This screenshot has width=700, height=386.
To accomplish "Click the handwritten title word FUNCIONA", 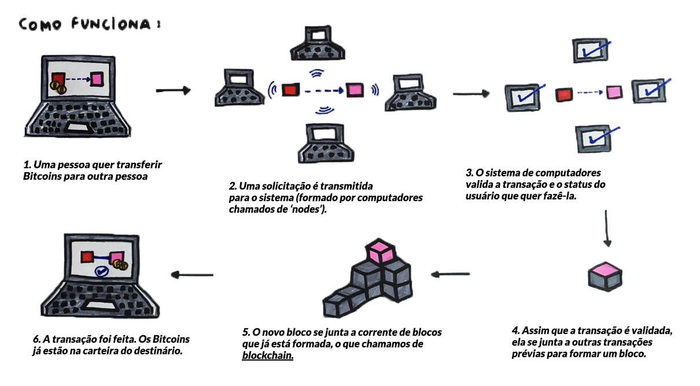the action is coord(112,24).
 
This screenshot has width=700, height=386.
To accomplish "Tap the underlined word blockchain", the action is coord(267,355).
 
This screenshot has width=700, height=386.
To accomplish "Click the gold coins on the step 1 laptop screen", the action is coord(58,87).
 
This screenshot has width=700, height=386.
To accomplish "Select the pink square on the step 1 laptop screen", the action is coord(97,79).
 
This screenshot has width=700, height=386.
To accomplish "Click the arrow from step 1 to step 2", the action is coord(173,91).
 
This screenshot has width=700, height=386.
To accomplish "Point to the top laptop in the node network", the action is coord(318,43).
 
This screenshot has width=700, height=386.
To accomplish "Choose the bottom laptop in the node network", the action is coord(326,143).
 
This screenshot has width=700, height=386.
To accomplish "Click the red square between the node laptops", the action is coord(290,90).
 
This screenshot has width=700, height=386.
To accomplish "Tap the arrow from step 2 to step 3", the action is coord(471,93).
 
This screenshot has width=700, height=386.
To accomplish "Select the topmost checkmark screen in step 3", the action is coord(590,50).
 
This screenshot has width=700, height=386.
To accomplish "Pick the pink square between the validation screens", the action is coord(614,92).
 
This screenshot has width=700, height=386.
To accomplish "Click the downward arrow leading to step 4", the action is coord(606,228).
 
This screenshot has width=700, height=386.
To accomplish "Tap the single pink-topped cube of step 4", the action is coord(605,276).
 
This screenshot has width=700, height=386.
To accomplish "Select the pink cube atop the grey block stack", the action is coord(380,251).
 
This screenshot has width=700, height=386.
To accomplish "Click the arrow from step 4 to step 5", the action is coord(450,274).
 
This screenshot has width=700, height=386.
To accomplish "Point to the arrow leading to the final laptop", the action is coord(192,274).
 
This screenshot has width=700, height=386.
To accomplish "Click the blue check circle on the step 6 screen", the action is coord(102,271).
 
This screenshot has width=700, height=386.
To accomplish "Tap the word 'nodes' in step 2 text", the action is coord(307,209).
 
